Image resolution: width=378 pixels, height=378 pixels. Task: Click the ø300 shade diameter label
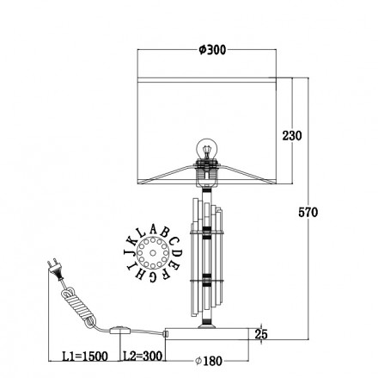click(x=212, y=50)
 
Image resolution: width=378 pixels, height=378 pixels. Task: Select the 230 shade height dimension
click(x=292, y=135)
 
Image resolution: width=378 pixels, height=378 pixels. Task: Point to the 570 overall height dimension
click(x=308, y=213)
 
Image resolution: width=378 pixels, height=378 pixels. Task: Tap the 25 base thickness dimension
click(x=261, y=334)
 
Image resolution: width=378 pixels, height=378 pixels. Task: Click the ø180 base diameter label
click(x=209, y=361)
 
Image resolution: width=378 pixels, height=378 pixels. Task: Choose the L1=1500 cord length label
click(x=85, y=356)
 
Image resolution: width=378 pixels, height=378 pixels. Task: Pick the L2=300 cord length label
click(x=143, y=356)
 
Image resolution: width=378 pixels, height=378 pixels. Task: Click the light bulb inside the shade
click(x=206, y=148)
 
